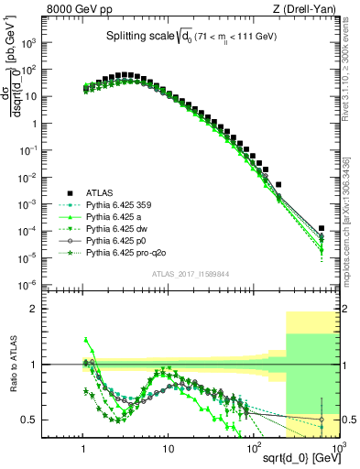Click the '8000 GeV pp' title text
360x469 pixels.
point(80,8)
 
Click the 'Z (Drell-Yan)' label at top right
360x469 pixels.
point(306,8)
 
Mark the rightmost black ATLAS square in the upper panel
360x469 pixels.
point(322,229)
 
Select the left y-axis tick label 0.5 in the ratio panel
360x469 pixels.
point(62,420)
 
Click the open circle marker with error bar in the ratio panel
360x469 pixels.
point(322,420)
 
